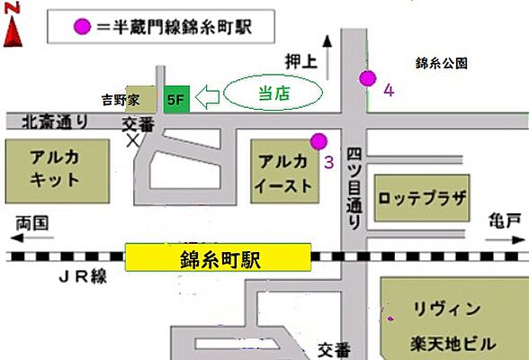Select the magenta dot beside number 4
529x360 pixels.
366,77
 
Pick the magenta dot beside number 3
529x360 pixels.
317,139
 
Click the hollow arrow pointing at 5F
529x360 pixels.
206,96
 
